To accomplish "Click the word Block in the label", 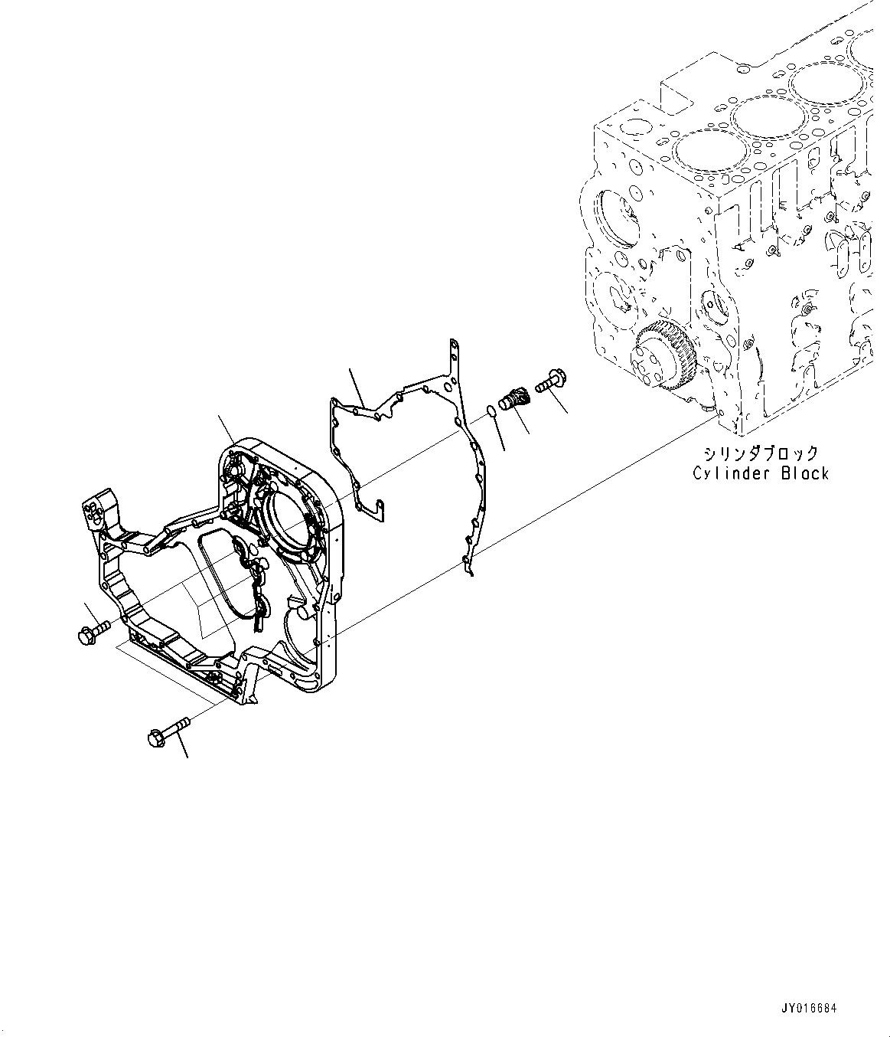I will click(804, 474).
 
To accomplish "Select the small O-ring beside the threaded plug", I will click(493, 414).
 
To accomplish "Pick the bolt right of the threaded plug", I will click(549, 381).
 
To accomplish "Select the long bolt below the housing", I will click(168, 731).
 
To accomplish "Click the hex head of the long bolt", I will click(153, 738).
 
